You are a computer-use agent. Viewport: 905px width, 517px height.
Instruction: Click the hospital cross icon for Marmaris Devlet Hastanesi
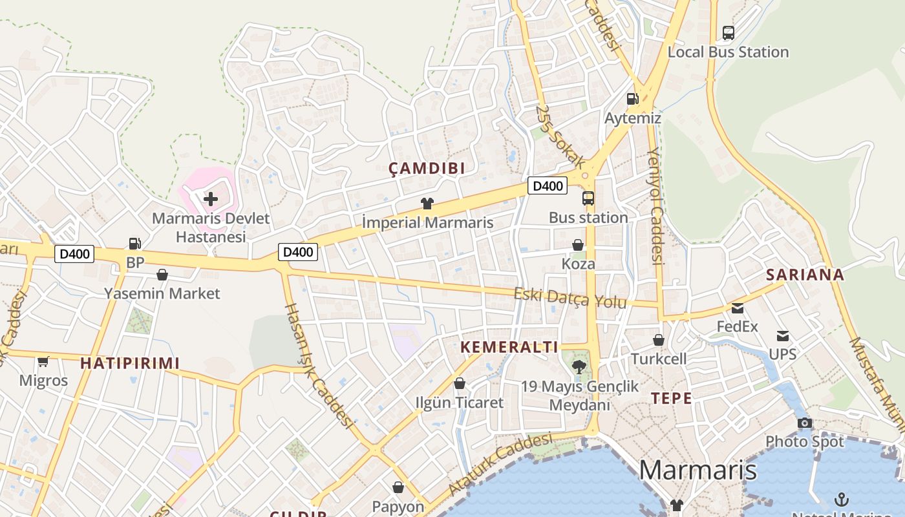(211, 199)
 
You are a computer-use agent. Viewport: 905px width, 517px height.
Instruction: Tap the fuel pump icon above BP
(134, 244)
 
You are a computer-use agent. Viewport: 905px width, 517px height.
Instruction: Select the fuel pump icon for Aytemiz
(632, 99)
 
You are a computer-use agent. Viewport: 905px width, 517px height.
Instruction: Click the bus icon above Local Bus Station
(728, 32)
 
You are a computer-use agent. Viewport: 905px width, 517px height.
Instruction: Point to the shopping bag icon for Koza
(578, 245)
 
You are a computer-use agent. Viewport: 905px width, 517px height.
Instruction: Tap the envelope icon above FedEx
(738, 308)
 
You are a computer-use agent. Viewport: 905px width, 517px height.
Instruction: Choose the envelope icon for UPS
(783, 335)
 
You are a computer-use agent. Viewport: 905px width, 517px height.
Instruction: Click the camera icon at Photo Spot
(805, 423)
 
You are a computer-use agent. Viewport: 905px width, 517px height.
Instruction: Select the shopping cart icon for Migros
(43, 361)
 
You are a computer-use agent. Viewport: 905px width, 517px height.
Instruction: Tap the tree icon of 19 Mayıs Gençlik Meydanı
(579, 367)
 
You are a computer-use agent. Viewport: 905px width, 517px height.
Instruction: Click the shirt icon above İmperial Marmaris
(427, 204)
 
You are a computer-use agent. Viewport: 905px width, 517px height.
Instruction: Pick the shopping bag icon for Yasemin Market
(162, 275)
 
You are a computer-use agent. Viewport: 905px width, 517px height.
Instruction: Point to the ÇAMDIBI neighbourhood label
(427, 169)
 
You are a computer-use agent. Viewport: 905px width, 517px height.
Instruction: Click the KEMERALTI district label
(509, 347)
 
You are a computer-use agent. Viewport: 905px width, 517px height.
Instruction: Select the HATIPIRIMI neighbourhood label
(130, 363)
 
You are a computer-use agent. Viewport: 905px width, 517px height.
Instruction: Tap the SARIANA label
(805, 275)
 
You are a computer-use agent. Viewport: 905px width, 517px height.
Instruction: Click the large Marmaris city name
(697, 470)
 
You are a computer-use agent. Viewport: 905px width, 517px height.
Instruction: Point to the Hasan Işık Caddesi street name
(319, 366)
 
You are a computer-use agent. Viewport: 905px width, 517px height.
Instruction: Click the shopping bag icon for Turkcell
(658, 340)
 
